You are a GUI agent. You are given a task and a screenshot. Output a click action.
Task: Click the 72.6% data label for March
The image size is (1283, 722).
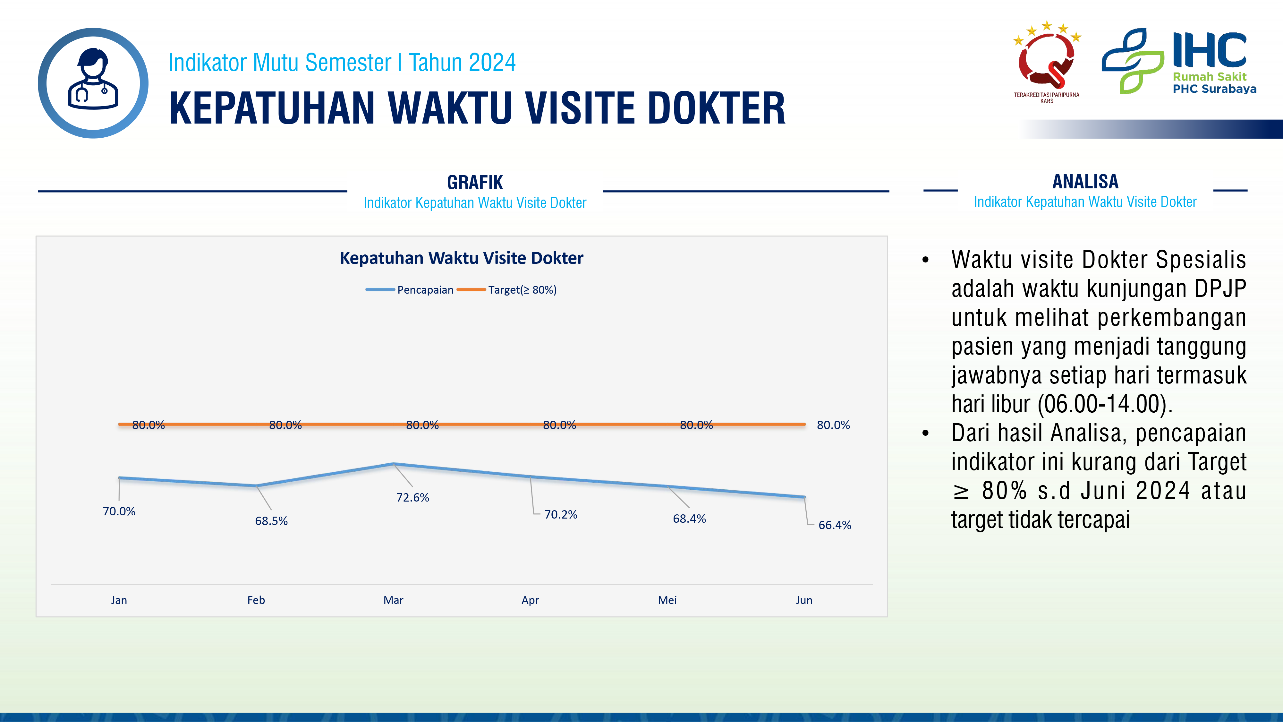point(412,497)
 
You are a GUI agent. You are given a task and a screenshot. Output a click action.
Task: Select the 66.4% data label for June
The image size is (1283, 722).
point(835,525)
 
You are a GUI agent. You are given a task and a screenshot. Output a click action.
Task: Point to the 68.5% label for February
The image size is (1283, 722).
point(271,521)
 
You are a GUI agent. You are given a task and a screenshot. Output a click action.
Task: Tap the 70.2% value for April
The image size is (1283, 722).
point(561,514)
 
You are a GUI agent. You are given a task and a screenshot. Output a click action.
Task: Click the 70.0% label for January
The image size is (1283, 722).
point(119,511)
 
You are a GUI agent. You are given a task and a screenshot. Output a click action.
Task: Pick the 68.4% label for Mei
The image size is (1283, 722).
point(689,519)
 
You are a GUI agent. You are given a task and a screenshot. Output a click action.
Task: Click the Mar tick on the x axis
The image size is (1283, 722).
point(394,600)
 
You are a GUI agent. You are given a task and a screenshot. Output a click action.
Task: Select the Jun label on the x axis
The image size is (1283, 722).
point(804,600)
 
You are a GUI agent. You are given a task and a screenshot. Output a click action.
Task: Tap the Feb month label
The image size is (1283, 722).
point(256,600)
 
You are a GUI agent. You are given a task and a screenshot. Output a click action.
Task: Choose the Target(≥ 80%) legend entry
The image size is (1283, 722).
point(506,289)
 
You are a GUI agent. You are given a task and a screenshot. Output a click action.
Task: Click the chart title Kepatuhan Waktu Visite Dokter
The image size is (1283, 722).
point(461,258)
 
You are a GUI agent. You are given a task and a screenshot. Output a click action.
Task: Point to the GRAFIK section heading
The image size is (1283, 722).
point(475,182)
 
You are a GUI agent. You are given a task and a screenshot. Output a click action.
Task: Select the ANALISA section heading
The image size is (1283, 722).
point(1085,181)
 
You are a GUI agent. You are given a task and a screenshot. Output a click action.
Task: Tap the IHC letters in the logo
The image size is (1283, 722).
point(1209,50)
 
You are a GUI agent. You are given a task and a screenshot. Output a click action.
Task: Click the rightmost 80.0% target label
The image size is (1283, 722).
point(833,425)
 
